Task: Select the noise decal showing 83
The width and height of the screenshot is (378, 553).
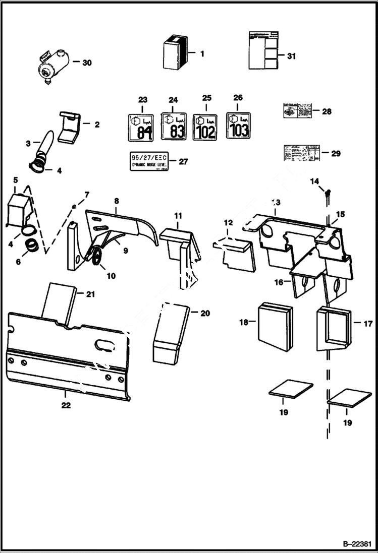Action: click(174, 126)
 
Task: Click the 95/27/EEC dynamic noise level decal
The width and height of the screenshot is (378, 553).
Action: click(149, 161)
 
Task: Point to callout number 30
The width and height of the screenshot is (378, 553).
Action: click(87, 63)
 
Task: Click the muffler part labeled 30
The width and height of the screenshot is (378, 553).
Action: click(50, 64)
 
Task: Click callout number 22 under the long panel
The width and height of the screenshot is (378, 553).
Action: click(66, 405)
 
